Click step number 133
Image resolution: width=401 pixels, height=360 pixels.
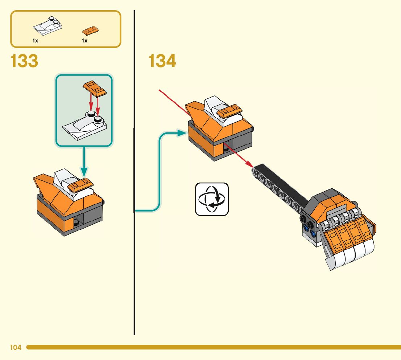(x=24, y=61)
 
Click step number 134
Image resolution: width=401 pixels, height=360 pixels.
(x=162, y=61)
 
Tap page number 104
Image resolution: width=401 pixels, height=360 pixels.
(x=16, y=348)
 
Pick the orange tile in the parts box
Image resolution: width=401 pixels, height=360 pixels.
(x=91, y=30)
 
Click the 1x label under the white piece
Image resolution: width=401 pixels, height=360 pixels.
(x=35, y=41)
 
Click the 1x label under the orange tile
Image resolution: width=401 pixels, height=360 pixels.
(x=84, y=41)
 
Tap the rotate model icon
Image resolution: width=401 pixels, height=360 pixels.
(x=212, y=199)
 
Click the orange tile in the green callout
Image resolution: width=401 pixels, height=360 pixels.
(x=94, y=88)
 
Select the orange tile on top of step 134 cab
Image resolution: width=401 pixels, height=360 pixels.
(x=229, y=110)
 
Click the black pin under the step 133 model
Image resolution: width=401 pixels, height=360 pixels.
(x=76, y=222)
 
